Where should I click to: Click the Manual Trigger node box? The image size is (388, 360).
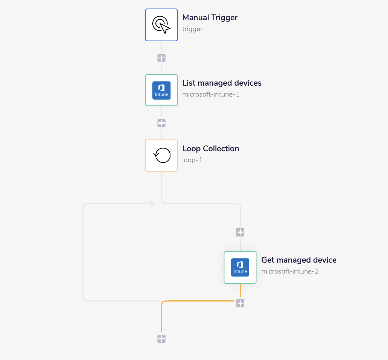tap(161, 25)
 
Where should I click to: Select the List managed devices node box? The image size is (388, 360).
tap(161, 90)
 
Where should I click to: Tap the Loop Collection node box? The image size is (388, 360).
tap(161, 155)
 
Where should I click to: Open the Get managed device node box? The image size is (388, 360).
tap(240, 267)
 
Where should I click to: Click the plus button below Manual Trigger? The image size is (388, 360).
tap(161, 58)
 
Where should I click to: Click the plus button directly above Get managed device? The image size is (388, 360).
tap(240, 232)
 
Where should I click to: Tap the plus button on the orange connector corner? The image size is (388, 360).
tap(240, 303)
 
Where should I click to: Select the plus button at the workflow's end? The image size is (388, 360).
tap(161, 339)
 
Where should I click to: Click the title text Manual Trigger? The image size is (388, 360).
tap(210, 18)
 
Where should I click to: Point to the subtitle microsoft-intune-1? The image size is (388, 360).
tap(211, 94)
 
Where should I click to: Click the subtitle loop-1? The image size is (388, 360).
tap(192, 160)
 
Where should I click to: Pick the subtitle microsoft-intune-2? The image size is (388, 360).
tap(290, 271)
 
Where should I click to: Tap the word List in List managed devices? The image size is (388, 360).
tap(189, 83)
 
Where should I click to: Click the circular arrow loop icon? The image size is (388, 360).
tap(162, 155)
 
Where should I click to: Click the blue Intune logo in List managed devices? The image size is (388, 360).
tap(161, 90)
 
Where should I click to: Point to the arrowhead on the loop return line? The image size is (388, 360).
tap(152, 203)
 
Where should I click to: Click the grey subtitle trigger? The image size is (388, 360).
tap(192, 29)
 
